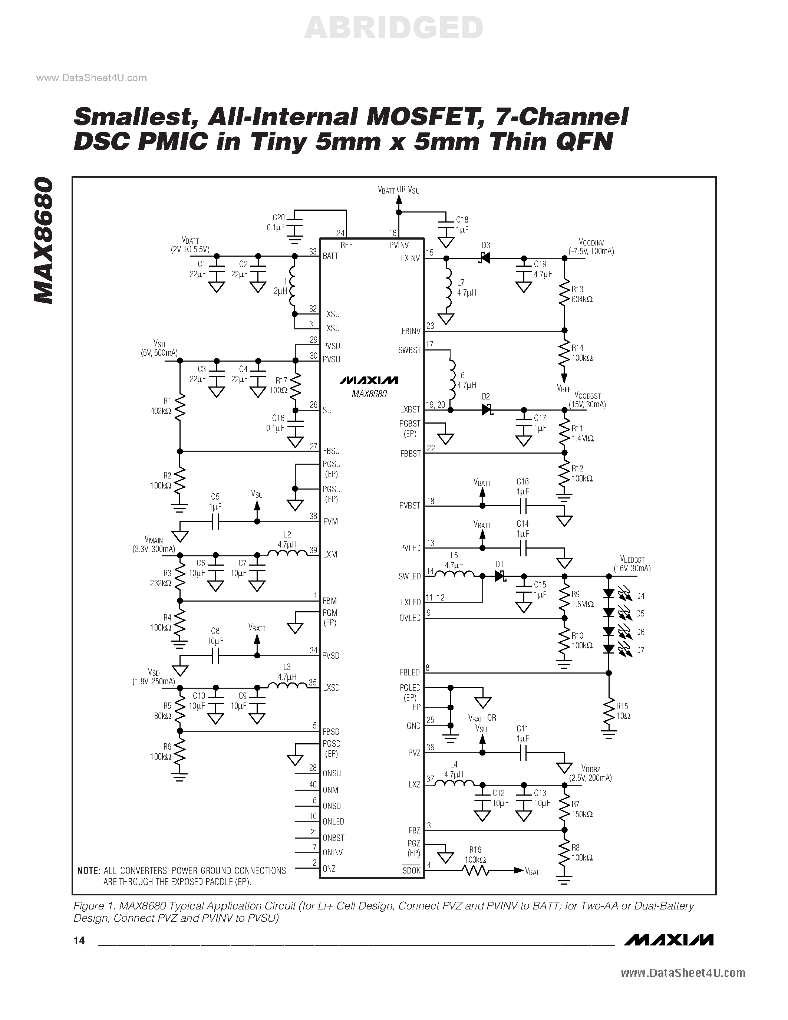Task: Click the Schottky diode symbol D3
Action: tap(484, 257)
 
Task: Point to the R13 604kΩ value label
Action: tap(582, 299)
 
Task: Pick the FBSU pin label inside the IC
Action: tap(331, 451)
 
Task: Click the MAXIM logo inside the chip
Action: tap(369, 380)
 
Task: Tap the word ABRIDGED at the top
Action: tap(393, 28)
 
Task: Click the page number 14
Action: tap(79, 941)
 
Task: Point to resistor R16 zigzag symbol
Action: tap(476, 871)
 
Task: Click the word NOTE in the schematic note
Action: tap(89, 871)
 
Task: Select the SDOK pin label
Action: tap(412, 871)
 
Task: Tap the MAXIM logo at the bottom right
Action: tap(669, 940)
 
